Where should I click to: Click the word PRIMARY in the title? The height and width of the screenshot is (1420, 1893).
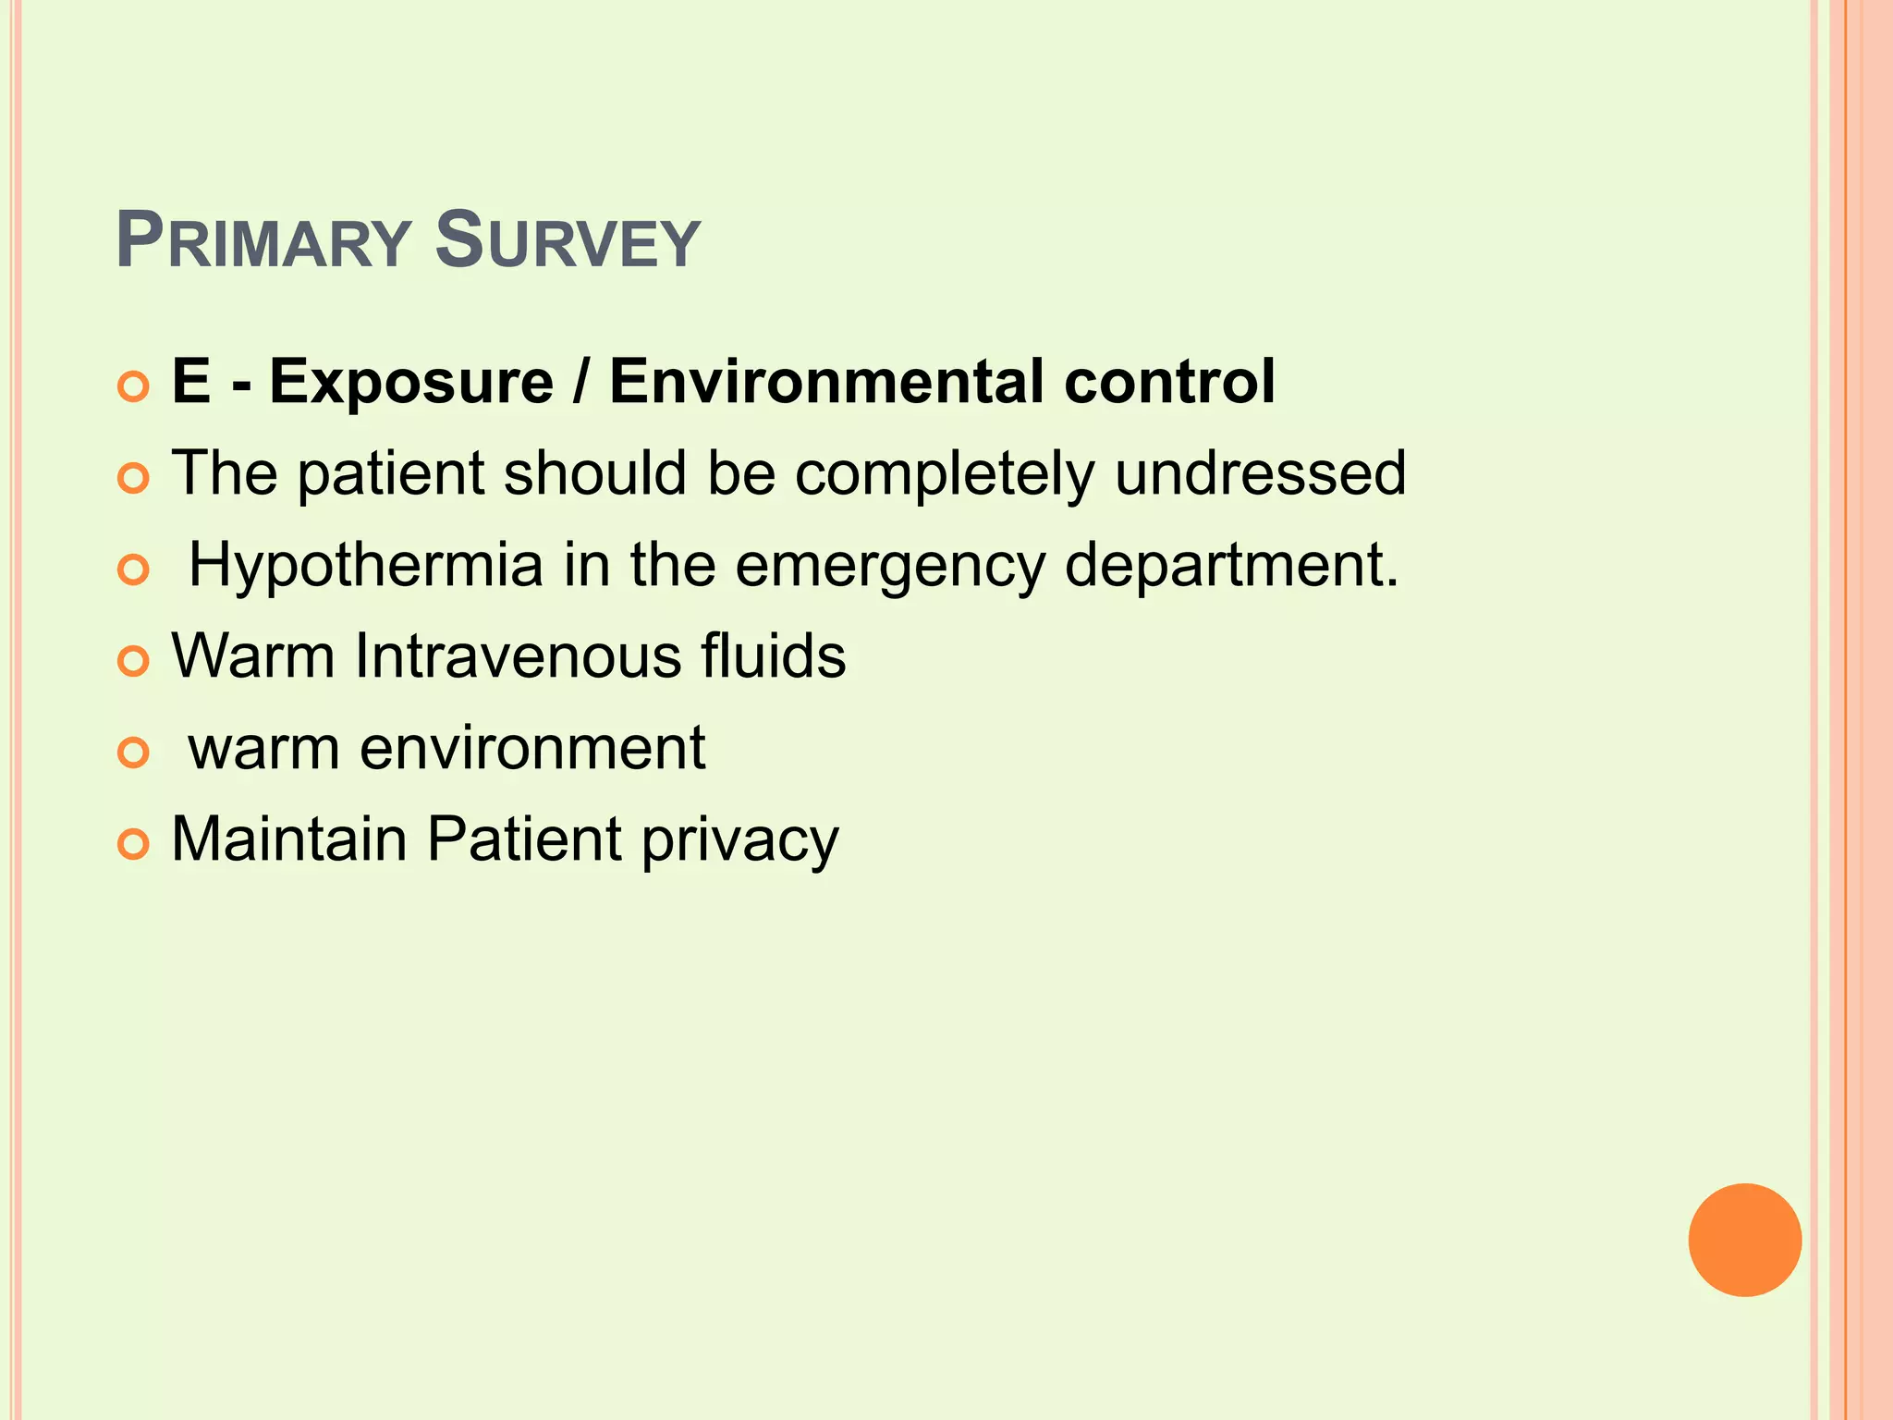[x=263, y=242]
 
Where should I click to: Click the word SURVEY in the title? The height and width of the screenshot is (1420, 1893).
[x=567, y=242]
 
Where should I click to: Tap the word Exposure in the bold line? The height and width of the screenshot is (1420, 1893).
[x=411, y=381]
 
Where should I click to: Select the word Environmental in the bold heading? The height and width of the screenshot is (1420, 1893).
[x=827, y=381]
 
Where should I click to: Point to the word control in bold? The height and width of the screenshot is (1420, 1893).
[x=1169, y=381]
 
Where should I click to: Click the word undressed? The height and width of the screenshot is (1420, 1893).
[x=1260, y=473]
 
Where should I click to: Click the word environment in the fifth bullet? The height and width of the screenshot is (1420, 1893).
[x=532, y=749]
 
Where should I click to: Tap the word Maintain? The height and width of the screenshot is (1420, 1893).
[x=289, y=839]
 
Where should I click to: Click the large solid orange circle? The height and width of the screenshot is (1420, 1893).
[x=1744, y=1240]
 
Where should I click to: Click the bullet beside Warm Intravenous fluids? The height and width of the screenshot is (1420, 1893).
[x=134, y=662]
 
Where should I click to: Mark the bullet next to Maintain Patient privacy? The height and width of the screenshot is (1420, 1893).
[x=134, y=845]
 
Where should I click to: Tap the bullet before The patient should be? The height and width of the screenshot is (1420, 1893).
[x=134, y=479]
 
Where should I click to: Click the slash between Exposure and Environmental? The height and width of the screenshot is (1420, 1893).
[x=580, y=381]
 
